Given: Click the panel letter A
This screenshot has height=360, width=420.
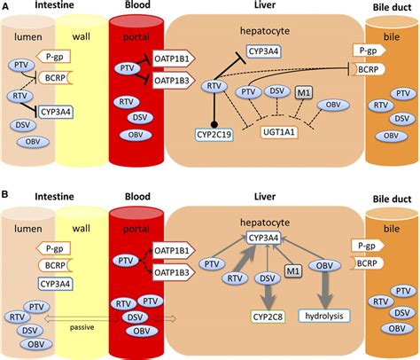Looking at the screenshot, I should click(x=7, y=7).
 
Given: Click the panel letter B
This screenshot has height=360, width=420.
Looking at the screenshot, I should click(x=7, y=190).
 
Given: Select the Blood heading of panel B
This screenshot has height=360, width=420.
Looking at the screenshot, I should click(x=131, y=197).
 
